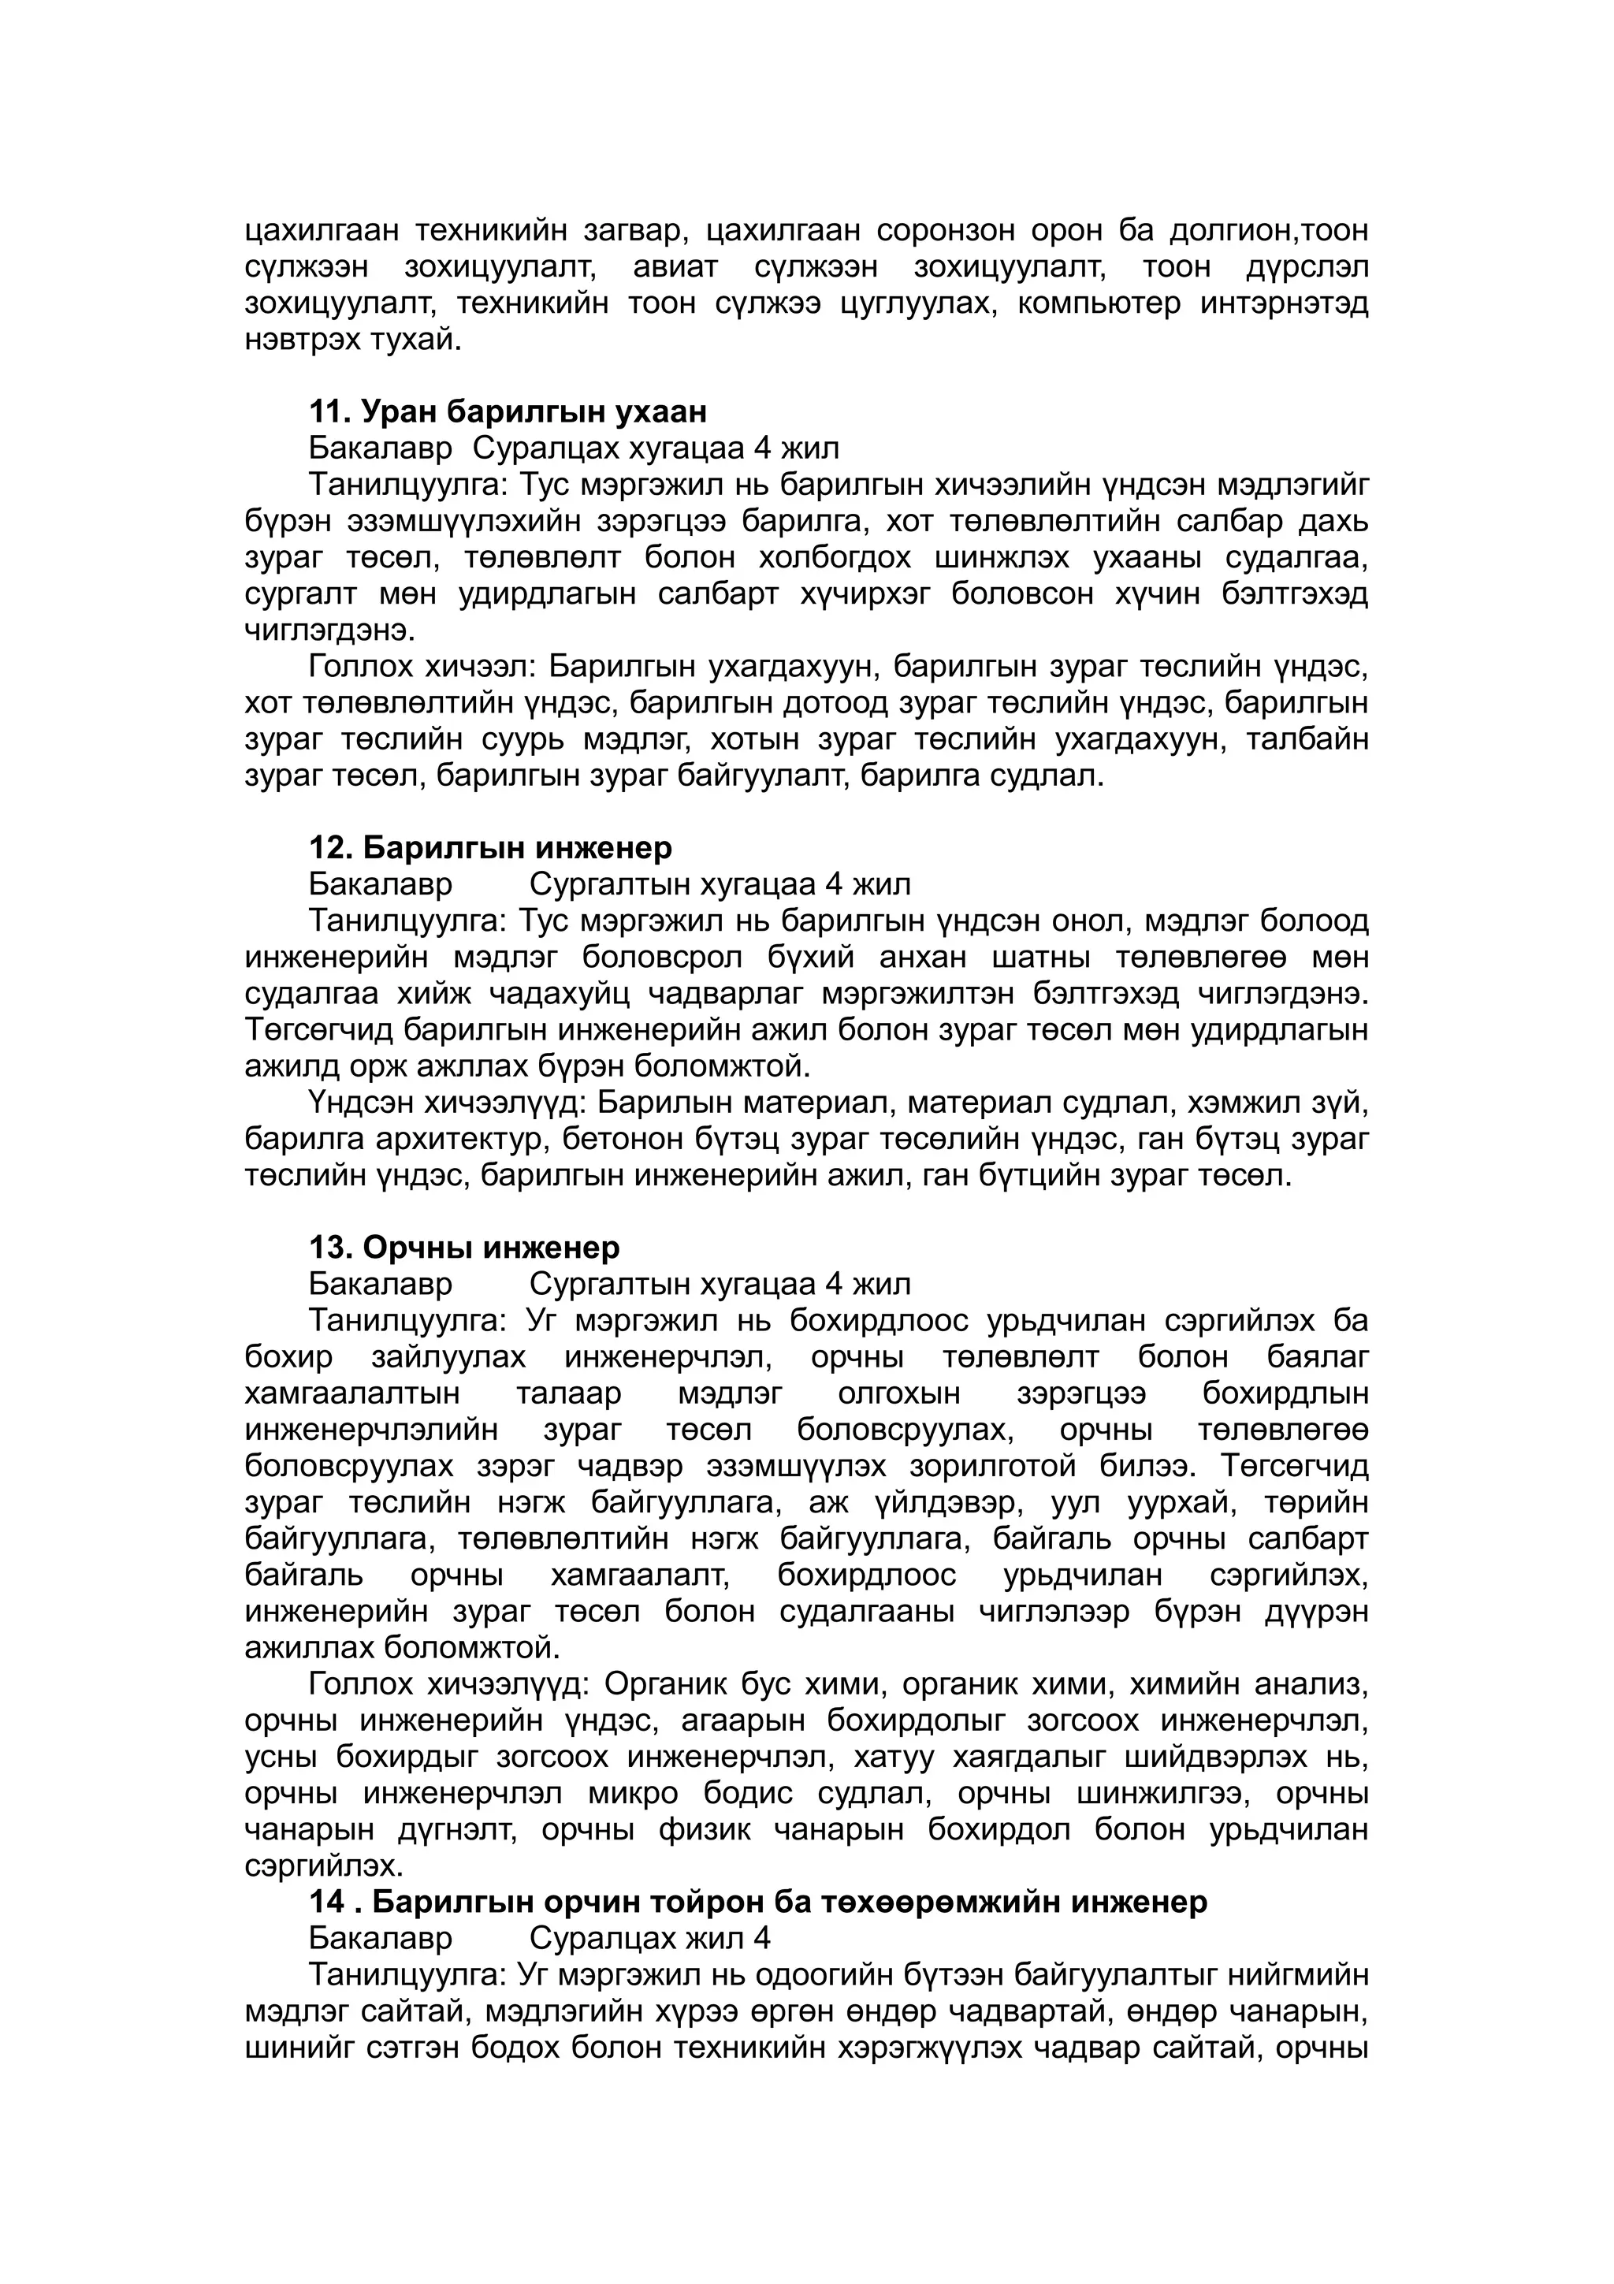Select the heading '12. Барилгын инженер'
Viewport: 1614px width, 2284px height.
tap(490, 847)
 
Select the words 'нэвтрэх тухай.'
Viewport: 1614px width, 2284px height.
tap(353, 340)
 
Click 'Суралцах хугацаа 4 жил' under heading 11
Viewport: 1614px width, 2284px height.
tap(656, 448)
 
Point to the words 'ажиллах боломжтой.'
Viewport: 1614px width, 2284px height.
tap(403, 1647)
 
